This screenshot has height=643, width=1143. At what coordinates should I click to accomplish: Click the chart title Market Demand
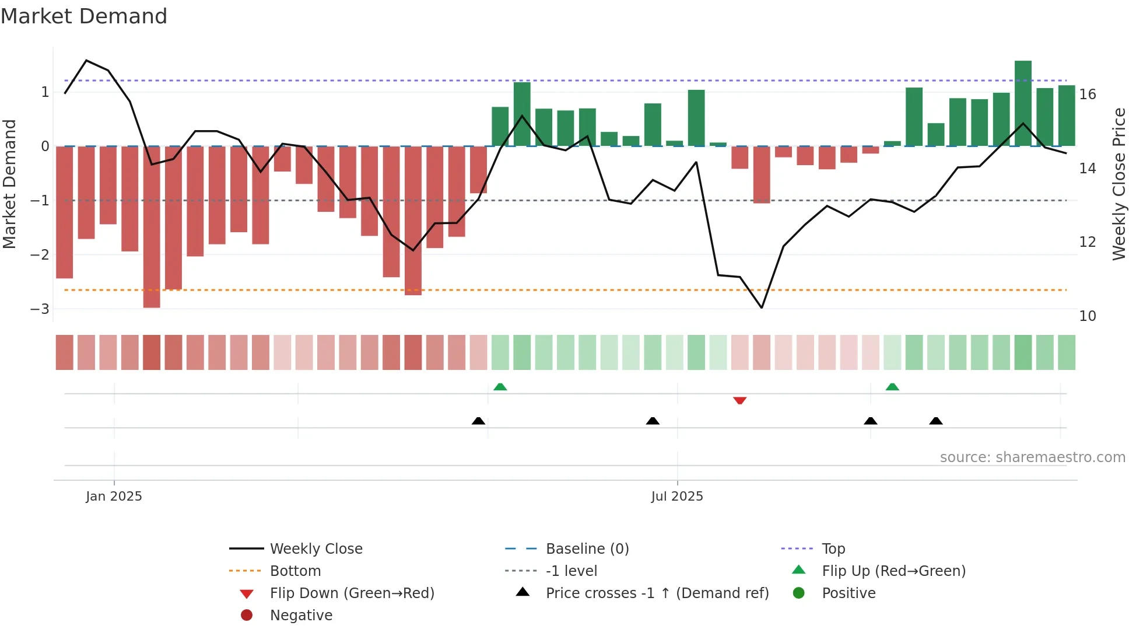(x=84, y=16)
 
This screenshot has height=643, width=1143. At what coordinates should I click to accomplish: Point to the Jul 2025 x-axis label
(x=677, y=496)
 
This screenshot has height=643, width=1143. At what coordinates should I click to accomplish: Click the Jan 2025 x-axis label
(x=114, y=496)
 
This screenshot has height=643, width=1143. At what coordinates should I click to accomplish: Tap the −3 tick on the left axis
(x=40, y=309)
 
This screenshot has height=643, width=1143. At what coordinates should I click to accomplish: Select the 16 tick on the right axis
(x=1088, y=94)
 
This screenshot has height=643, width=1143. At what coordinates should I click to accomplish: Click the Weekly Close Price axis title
(x=1119, y=184)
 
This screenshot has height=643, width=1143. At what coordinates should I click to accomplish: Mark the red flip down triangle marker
(x=739, y=401)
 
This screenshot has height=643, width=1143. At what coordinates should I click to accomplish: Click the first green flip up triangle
(x=500, y=387)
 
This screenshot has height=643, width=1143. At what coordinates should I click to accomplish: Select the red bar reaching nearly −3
(x=152, y=228)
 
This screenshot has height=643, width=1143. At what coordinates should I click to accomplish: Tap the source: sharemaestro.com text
(x=1032, y=457)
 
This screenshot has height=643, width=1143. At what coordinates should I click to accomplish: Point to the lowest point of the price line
(x=762, y=307)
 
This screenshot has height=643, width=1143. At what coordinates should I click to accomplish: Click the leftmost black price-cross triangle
(x=478, y=421)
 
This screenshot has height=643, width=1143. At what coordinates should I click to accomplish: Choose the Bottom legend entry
(x=295, y=571)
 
